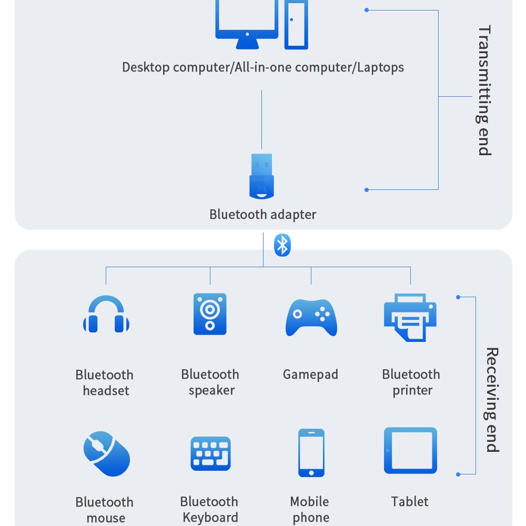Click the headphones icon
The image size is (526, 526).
[106, 315]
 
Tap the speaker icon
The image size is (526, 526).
[210, 314]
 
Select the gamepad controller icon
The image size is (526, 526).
[311, 317]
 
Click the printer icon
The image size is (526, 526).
[410, 317]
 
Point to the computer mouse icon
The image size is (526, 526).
[107, 453]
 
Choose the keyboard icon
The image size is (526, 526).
[210, 453]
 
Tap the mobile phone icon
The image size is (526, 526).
[311, 453]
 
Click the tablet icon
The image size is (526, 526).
[410, 451]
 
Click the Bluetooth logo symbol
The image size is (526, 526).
[282, 245]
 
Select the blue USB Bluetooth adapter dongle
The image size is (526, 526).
[261, 177]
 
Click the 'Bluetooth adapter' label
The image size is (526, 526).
[262, 215]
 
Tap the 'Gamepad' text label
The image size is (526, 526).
[310, 375]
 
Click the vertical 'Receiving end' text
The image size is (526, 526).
[491, 400]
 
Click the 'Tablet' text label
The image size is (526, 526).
[410, 501]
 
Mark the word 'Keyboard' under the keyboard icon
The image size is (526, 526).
[210, 518]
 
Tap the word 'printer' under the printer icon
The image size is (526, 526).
[412, 390]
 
